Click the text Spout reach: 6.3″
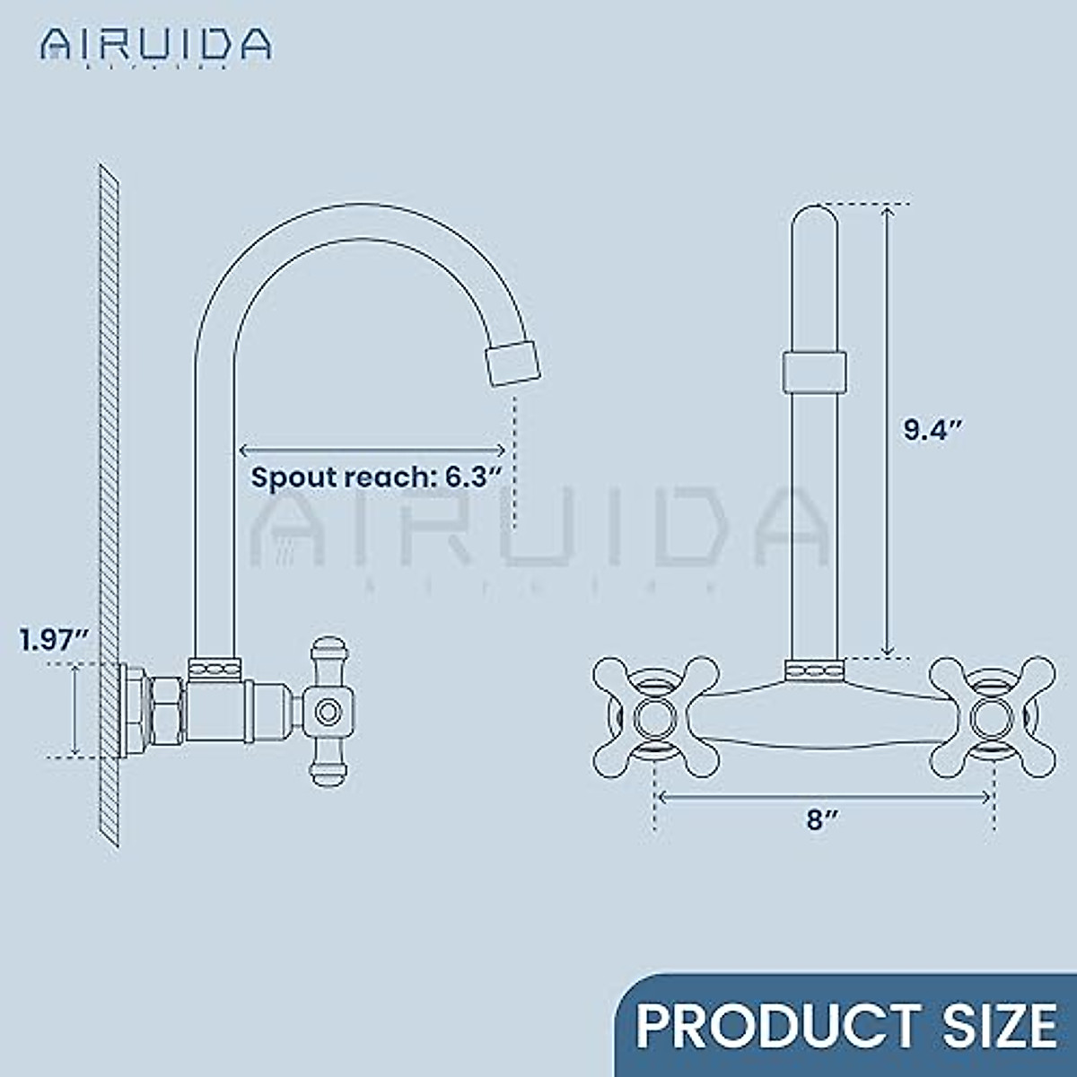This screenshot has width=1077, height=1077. (x=373, y=477)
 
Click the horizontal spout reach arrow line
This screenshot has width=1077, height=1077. (x=372, y=450)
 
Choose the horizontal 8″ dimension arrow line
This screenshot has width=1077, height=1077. (x=824, y=792)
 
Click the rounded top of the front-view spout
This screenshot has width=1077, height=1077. (x=815, y=220)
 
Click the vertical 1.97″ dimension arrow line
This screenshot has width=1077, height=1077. (x=74, y=709)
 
